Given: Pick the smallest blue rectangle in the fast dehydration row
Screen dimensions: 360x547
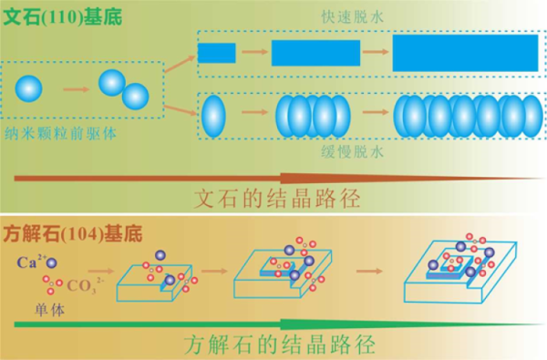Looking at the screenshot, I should (x=217, y=53).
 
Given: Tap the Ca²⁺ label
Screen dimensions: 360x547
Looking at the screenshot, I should (x=28, y=262).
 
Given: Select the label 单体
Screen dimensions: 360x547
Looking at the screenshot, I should (x=36, y=306).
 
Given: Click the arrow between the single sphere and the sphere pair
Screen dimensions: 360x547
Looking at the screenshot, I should (x=76, y=88).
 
